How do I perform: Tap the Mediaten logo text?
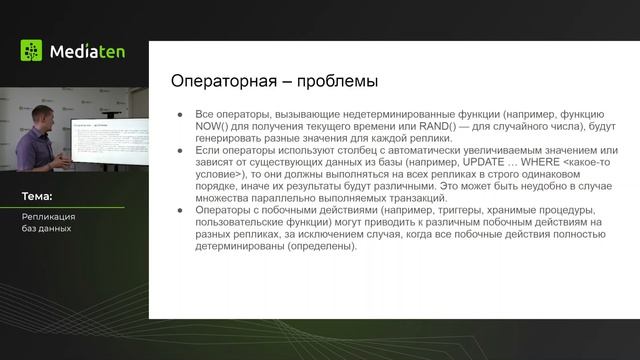[88, 51]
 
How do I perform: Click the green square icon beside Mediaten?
[32, 51]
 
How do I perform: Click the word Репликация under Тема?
[49, 216]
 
